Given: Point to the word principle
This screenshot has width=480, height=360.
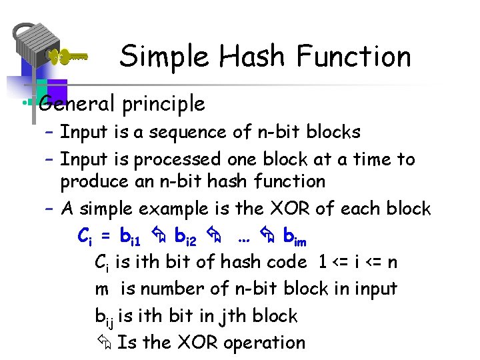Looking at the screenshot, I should coord(162,104).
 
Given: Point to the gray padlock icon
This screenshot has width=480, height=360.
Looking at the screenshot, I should coord(35,47).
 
